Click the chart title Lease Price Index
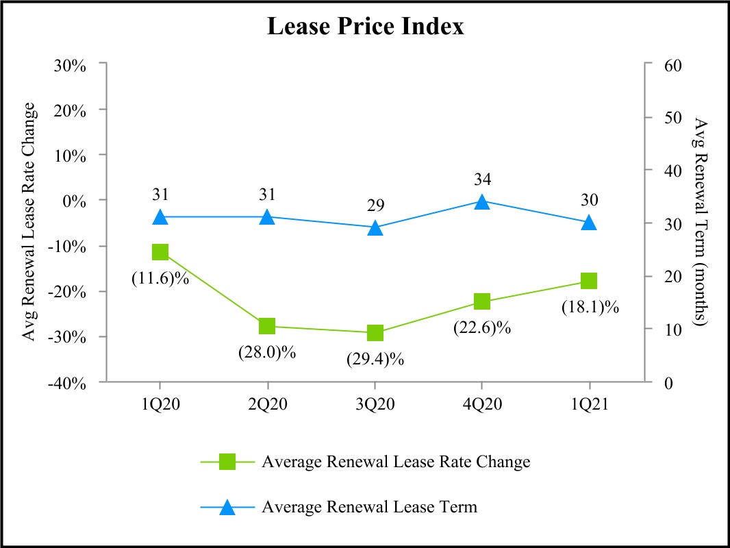point(365,27)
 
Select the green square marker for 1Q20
point(160,252)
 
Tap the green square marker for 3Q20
point(375,334)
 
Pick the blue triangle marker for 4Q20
point(481,201)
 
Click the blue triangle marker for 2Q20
point(267,217)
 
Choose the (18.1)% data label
point(590,307)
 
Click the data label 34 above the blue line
point(481,179)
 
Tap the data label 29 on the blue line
point(375,206)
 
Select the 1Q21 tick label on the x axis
point(589,403)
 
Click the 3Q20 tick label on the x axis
point(375,403)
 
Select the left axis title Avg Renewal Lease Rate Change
point(29,222)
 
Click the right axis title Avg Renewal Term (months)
point(700,222)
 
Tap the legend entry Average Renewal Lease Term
point(370,508)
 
